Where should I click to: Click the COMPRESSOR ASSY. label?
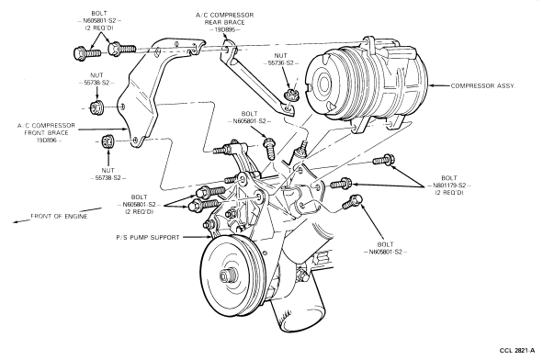(483, 85)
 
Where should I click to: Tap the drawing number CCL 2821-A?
(517, 351)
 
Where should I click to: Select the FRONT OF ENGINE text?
(59, 217)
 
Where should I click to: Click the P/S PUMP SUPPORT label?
(148, 238)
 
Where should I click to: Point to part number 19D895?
(225, 29)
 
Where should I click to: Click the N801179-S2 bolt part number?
(449, 186)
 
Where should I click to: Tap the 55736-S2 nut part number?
(281, 63)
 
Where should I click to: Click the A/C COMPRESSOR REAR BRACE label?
(225, 18)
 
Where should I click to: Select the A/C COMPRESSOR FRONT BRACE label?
(47, 129)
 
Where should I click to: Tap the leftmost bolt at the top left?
(87, 53)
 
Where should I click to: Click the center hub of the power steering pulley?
(226, 276)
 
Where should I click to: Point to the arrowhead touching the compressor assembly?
(432, 85)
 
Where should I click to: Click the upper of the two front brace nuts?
(97, 107)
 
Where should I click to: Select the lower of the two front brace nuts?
(107, 141)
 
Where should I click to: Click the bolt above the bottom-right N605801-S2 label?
(353, 202)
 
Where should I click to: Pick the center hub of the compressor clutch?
(324, 84)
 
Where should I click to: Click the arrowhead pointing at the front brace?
(125, 129)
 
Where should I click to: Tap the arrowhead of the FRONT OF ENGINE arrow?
(17, 222)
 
